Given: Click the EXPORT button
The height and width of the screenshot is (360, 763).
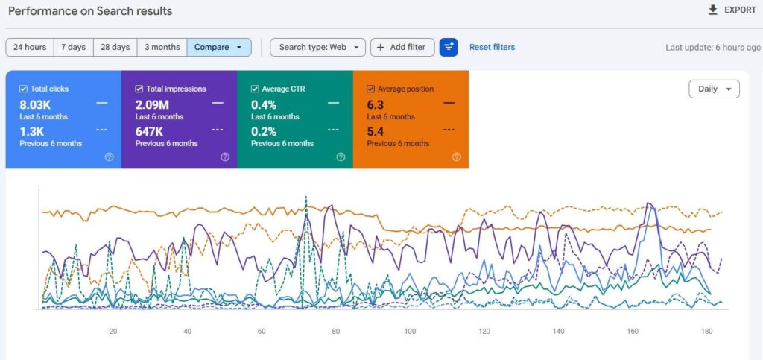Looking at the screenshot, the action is (x=732, y=10).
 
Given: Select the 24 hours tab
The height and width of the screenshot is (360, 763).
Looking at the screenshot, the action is (x=30, y=47).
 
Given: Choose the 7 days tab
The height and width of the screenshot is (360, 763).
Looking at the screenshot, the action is (x=74, y=47).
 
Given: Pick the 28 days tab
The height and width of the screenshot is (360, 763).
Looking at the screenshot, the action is (x=115, y=47).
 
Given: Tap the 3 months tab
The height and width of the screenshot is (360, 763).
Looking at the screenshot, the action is (x=162, y=47).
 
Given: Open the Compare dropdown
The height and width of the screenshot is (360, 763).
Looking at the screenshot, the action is (x=219, y=47).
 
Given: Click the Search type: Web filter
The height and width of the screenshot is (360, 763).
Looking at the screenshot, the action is (x=317, y=47).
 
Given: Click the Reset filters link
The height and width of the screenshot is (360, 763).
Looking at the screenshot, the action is (x=492, y=47).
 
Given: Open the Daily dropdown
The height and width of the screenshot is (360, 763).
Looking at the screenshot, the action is (x=714, y=89).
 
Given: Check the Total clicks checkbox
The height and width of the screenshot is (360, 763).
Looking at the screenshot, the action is (x=23, y=89).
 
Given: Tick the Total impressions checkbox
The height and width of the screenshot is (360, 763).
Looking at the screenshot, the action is (x=139, y=89).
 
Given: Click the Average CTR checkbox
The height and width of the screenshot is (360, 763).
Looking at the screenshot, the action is (x=255, y=89).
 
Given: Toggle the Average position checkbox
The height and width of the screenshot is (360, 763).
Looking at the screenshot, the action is (x=370, y=89).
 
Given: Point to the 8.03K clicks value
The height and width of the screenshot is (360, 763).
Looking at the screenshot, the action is (x=35, y=104).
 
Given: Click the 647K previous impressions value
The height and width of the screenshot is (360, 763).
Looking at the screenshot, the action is (x=149, y=131).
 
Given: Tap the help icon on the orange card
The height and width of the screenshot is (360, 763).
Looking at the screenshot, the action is (x=457, y=157).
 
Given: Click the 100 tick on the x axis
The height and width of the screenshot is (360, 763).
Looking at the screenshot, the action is (x=410, y=331).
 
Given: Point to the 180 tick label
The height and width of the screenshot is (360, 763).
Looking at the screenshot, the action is (x=706, y=331).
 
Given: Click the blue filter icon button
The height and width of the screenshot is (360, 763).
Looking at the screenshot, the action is (x=448, y=47).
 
